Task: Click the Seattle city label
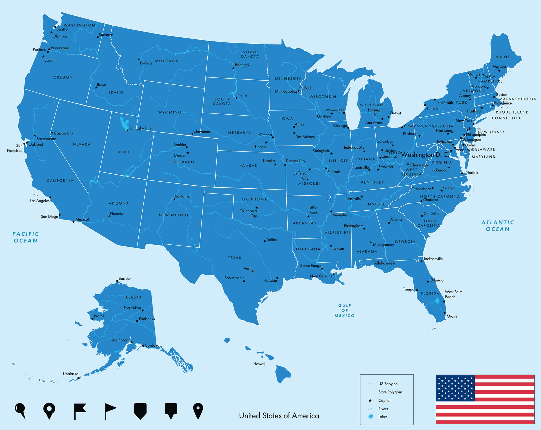tap(62, 29)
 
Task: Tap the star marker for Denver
tap(188, 153)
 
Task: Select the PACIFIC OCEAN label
tap(26, 237)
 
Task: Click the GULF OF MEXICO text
tap(345, 310)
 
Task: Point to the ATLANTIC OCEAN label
tap(498, 226)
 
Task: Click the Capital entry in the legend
tap(384, 400)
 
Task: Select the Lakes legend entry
tap(383, 417)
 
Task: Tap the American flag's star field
tap(455, 388)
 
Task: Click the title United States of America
tap(279, 416)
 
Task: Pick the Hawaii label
tap(259, 364)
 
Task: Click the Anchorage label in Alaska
tap(121, 340)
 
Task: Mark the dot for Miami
tap(445, 313)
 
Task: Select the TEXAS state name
tap(234, 258)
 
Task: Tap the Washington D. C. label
tap(425, 155)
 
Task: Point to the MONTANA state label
tap(167, 61)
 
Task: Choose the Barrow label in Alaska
tap(125, 279)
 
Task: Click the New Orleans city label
tap(321, 276)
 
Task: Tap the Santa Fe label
tap(182, 196)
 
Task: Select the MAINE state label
tap(503, 57)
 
